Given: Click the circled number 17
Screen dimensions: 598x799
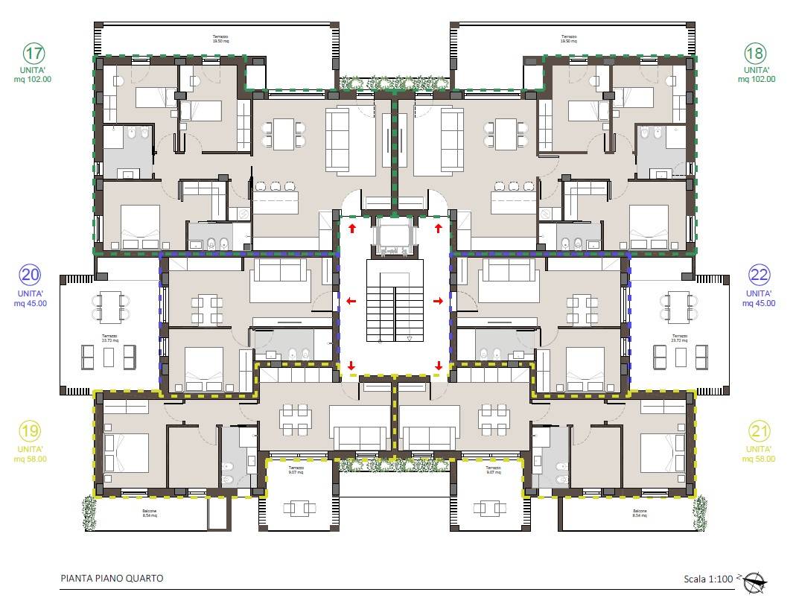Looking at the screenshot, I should [34, 54].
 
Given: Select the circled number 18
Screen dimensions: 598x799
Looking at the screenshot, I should [755, 54].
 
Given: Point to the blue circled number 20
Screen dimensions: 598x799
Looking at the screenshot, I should [31, 276].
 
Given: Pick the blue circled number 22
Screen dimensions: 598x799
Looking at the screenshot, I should [760, 276].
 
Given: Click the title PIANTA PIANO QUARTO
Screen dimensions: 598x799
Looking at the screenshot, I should [112, 578].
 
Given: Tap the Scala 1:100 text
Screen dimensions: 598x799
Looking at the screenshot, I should [709, 579].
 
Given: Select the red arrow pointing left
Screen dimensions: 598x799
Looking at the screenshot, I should [351, 302].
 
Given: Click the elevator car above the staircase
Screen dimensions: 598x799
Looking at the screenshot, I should [395, 236].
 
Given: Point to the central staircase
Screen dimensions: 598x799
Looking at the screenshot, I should [395, 301].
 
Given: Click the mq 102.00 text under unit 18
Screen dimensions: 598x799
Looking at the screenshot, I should [755, 78].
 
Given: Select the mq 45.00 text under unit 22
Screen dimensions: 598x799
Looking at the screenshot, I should [760, 303].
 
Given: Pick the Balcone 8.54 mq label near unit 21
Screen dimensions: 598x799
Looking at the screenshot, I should [639, 514].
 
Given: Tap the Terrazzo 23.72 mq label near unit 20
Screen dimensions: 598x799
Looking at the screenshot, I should [109, 337].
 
